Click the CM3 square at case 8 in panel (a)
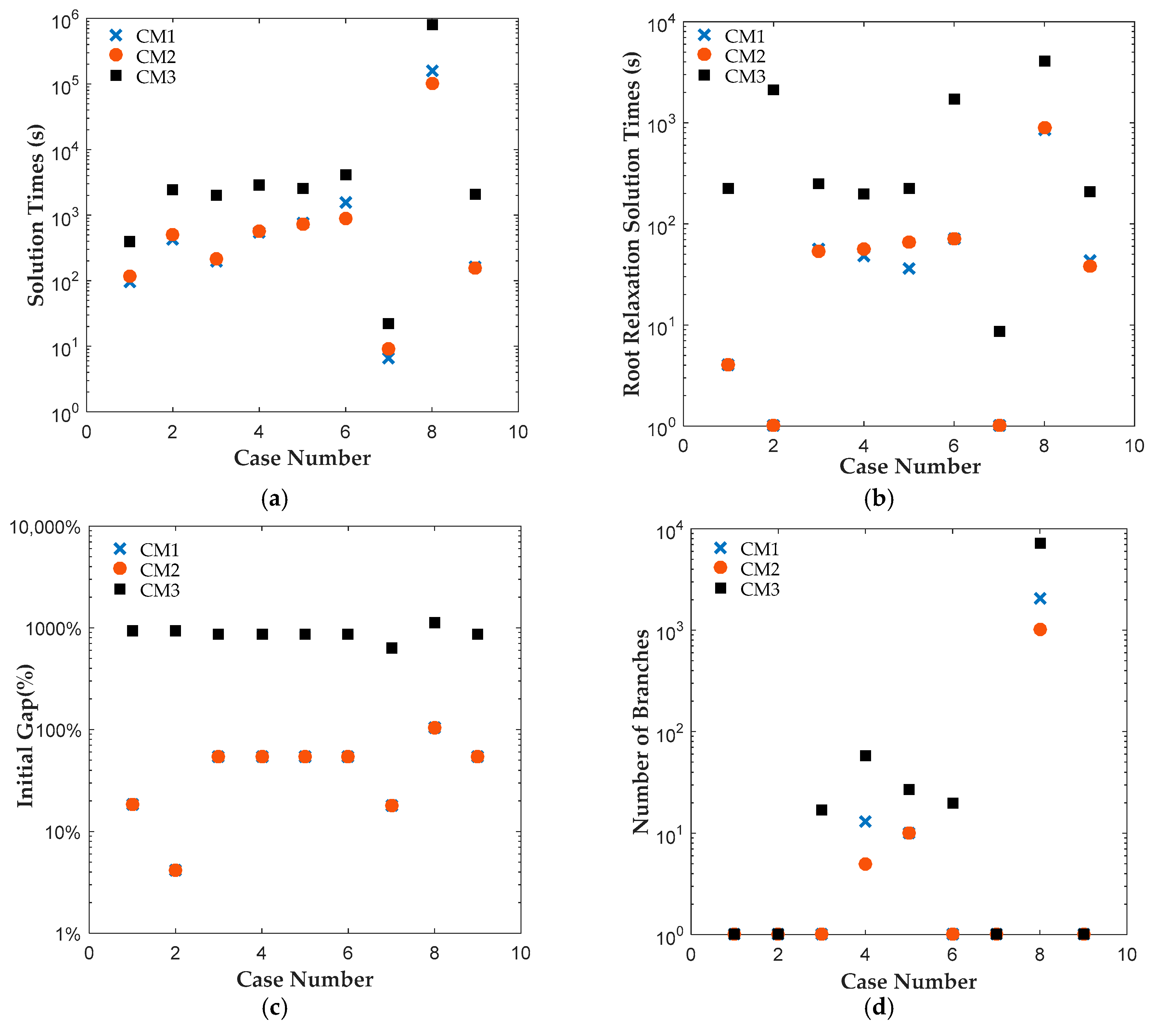(x=432, y=24)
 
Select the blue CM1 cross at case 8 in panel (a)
(x=432, y=71)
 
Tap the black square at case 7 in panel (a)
(x=388, y=323)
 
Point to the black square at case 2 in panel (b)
(x=773, y=89)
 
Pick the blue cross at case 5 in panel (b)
(x=908, y=268)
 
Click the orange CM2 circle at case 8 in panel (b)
(x=1044, y=127)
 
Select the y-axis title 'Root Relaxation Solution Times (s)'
(x=631, y=224)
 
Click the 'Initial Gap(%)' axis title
(x=25, y=736)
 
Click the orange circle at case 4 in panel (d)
(x=865, y=864)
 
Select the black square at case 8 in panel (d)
(x=1040, y=543)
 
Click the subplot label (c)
(x=275, y=1007)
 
